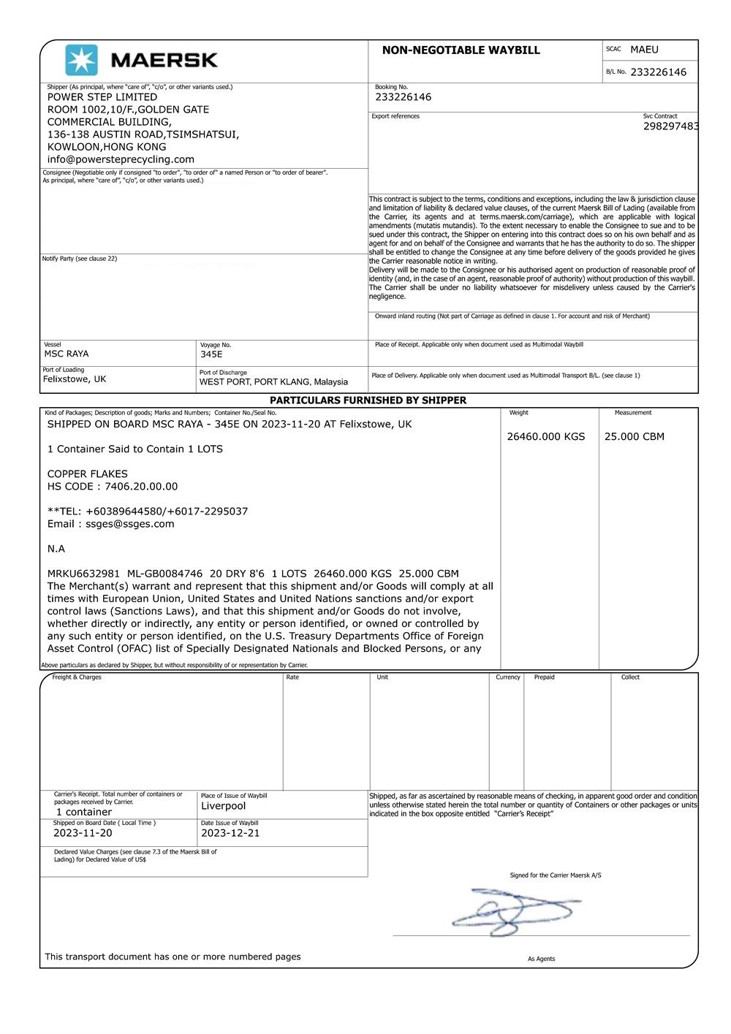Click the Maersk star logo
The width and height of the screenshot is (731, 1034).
pos(81,60)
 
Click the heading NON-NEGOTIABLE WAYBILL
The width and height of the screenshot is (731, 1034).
pos(461,50)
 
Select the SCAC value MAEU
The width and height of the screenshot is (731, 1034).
pos(644,50)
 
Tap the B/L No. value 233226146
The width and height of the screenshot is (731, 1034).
pos(658,72)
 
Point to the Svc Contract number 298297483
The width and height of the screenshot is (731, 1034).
pos(670,126)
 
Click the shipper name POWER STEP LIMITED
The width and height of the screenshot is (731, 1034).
pos(102,97)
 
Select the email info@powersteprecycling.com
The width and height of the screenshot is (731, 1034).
pos(121,159)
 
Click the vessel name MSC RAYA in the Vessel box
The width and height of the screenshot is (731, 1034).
pos(67,354)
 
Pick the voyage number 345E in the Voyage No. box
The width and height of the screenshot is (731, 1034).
pos(211,354)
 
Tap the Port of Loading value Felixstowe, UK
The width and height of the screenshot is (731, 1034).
pos(75,379)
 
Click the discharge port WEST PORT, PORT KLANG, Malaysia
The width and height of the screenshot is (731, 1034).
pos(273,381)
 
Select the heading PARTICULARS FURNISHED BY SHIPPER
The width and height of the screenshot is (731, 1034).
pos(368,400)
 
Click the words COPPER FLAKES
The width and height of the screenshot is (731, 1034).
pos(88,474)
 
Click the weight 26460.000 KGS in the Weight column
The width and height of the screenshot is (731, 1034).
pos(546,437)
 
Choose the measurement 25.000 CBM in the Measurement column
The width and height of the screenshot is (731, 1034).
pos(634,437)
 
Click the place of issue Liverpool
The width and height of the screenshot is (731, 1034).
pos(223,806)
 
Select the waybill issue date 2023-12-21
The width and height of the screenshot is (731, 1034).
pos(230,833)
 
